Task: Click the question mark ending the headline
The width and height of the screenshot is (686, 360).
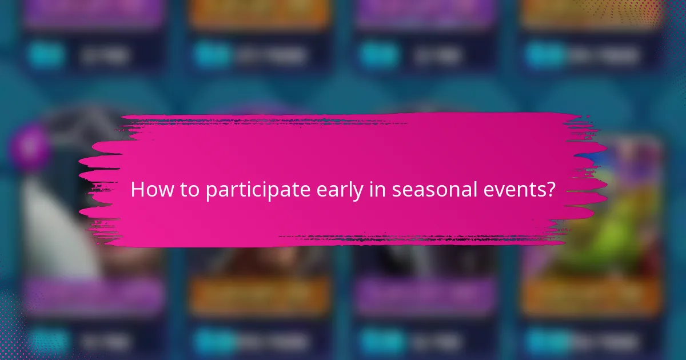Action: (x=550, y=189)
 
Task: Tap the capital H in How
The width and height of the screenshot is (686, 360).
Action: (x=137, y=190)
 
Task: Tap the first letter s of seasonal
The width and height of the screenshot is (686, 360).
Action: (x=396, y=191)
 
